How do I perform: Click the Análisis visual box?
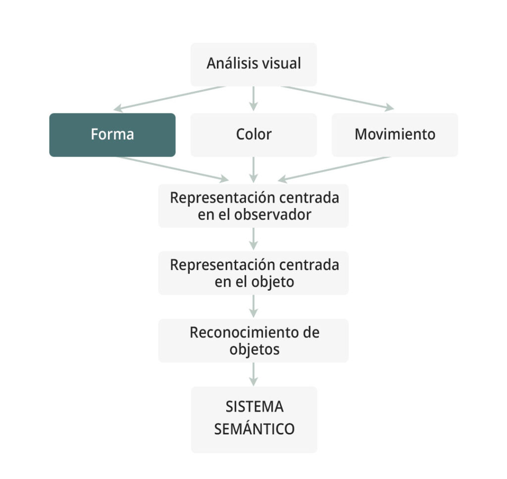point(253,64)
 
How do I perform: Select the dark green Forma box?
point(112,135)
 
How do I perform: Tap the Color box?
point(253,135)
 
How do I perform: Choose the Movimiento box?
point(395,135)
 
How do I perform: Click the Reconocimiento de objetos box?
point(253,341)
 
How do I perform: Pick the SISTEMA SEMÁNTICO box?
point(254,420)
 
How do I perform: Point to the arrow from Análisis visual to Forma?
point(169,98)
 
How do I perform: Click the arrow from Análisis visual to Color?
point(253,99)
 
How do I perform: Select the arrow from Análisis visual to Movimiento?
point(338,98)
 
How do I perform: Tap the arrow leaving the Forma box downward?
point(173,169)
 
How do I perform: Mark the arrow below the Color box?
point(253,170)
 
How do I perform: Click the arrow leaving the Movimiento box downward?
point(334,169)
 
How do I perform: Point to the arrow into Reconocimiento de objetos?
point(253,306)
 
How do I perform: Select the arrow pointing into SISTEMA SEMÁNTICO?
point(253,374)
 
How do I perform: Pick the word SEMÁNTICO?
point(254,428)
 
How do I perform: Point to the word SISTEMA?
point(254,407)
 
